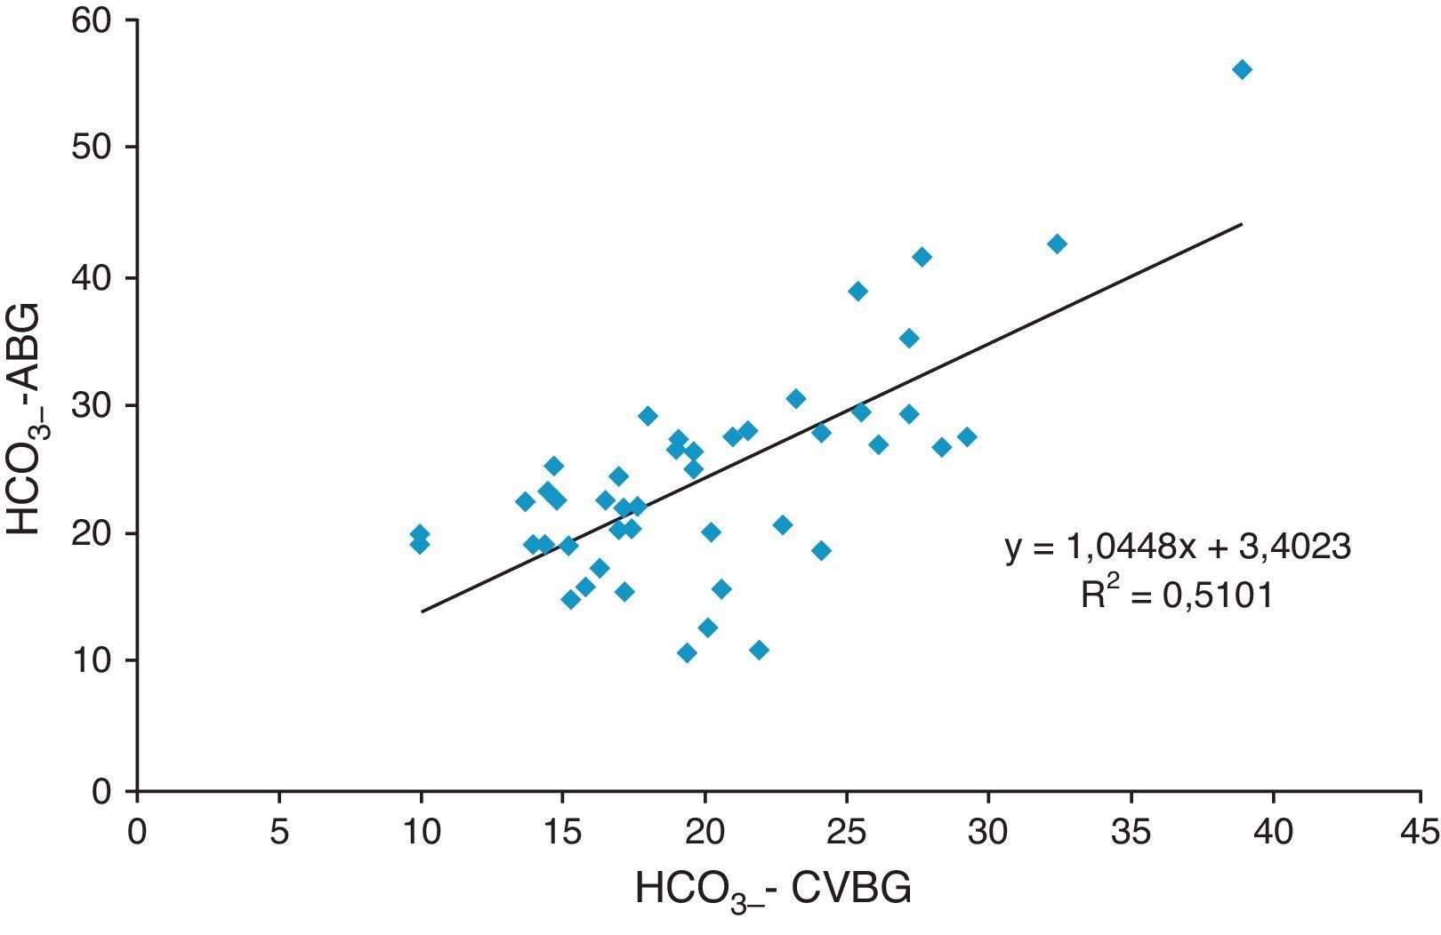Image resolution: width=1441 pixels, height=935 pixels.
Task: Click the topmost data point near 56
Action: [x=1242, y=70]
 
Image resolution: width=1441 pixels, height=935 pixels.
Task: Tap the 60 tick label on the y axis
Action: [x=94, y=20]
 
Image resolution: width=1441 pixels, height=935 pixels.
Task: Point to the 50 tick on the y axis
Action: [x=94, y=148]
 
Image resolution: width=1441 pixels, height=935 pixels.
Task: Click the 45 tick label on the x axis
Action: [x=1417, y=833]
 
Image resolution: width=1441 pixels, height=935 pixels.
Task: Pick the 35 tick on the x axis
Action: [x=1131, y=833]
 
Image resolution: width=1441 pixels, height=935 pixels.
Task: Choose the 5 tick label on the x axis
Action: [x=279, y=833]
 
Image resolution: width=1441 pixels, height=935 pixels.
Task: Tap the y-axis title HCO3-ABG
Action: [x=27, y=418]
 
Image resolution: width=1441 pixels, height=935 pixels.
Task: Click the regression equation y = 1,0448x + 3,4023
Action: [x=1178, y=547]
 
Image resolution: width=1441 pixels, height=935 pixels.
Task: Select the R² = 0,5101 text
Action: [x=1176, y=595]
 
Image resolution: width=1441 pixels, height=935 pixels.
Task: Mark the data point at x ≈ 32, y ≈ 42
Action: [x=1057, y=244]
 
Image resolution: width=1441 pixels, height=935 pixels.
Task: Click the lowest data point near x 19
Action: [x=687, y=653]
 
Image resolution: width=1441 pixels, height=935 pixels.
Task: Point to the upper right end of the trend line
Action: [x=1241, y=224]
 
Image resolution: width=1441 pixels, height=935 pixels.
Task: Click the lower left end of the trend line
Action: [x=422, y=611]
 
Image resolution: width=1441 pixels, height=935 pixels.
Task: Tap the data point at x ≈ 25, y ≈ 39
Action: [x=857, y=292]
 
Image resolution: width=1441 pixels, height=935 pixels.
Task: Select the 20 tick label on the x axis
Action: [x=704, y=833]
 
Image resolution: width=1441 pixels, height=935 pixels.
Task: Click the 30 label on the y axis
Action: [x=94, y=405]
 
